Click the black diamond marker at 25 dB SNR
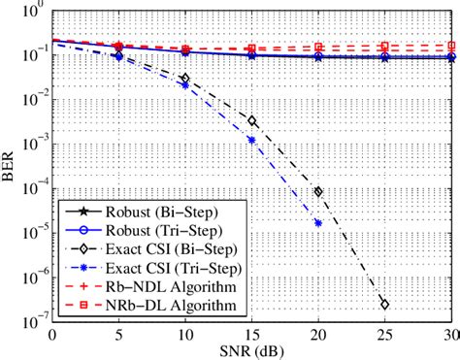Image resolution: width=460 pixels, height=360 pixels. [x=385, y=305]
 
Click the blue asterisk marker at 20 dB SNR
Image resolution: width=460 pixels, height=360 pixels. [x=318, y=223]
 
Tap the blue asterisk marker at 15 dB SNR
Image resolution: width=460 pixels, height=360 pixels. [x=251, y=140]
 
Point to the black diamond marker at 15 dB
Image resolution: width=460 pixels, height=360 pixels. [x=251, y=121]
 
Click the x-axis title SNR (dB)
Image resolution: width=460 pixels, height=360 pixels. [x=251, y=351]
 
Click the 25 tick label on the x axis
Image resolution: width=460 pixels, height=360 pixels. [x=385, y=336]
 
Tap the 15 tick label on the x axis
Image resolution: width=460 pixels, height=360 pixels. [x=251, y=336]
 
